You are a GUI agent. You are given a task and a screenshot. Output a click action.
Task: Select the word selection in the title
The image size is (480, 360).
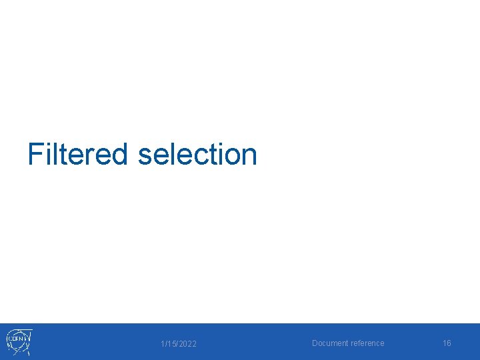point(197,154)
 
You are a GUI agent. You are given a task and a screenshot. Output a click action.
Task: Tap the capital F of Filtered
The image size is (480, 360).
point(35,154)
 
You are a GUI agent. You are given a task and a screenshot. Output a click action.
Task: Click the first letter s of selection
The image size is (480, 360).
point(145,157)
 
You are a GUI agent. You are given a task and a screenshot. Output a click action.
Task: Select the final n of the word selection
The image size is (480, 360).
point(249,157)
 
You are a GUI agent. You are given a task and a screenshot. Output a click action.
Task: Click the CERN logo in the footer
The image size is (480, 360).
point(19,341)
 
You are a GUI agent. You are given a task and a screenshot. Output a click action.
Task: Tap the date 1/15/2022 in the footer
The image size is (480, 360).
point(179,344)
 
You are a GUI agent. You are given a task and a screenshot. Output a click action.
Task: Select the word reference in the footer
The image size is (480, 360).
point(367,343)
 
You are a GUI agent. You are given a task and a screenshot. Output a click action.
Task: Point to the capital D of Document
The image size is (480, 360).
point(315,343)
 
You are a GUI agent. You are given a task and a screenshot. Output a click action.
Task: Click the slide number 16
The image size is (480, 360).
point(447,343)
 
